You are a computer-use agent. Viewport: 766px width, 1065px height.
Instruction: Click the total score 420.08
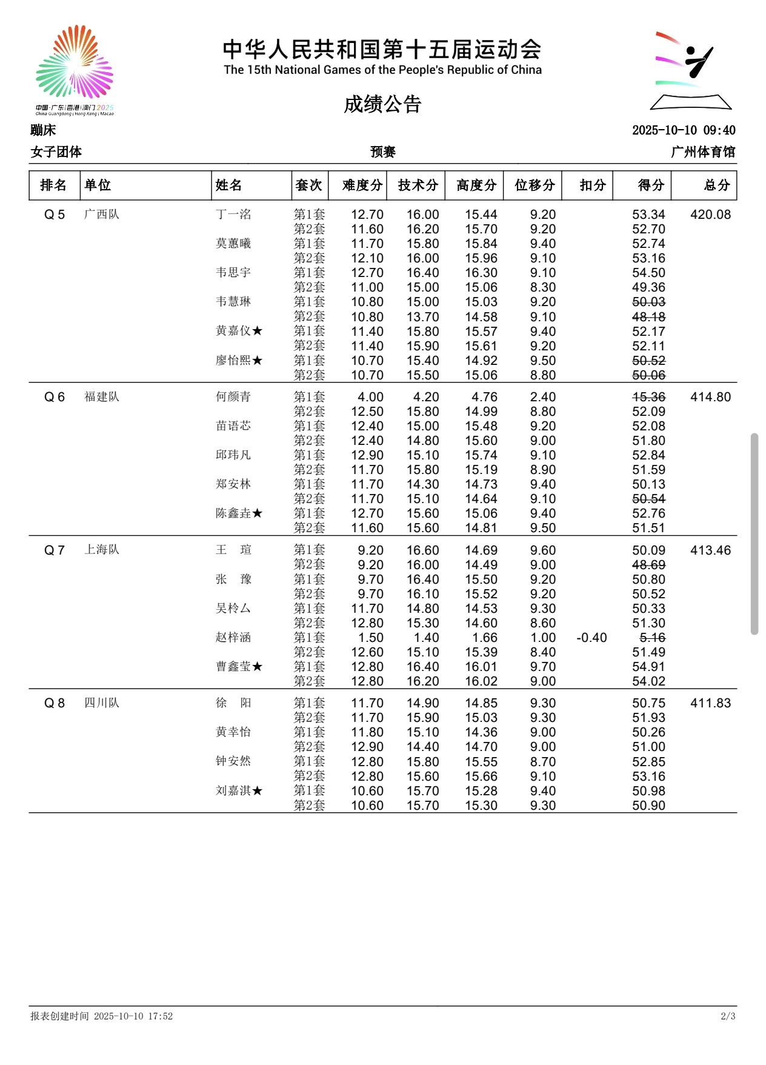coord(710,215)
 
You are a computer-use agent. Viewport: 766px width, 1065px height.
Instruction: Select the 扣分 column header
coord(592,185)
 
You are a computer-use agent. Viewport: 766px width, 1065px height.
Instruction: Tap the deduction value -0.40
coord(591,638)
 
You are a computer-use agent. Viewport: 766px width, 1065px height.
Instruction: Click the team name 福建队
coord(102,397)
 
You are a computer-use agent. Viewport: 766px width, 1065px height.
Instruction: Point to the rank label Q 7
coord(55,550)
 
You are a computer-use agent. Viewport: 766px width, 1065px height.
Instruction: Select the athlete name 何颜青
coord(233,397)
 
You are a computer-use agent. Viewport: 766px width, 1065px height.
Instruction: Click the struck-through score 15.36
coord(648,397)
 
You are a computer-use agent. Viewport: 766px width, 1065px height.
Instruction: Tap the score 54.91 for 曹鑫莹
coord(648,667)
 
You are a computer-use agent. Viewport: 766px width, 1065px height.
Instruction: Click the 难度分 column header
coord(362,185)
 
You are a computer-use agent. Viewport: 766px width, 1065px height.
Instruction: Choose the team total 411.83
coord(710,703)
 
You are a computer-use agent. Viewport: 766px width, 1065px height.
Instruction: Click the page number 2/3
coord(728,1016)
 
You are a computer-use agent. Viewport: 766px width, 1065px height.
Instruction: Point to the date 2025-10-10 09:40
coord(684,130)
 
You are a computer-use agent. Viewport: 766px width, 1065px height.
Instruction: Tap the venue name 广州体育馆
coord(703,152)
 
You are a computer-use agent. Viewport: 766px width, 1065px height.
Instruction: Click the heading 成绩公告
coord(382,104)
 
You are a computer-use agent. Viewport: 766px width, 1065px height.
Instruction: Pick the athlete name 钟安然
coord(233,761)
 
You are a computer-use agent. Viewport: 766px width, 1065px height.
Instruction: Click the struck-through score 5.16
coord(652,638)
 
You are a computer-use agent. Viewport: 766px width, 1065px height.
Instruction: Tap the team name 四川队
coord(102,703)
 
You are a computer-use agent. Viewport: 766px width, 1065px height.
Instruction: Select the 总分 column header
coord(716,185)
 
